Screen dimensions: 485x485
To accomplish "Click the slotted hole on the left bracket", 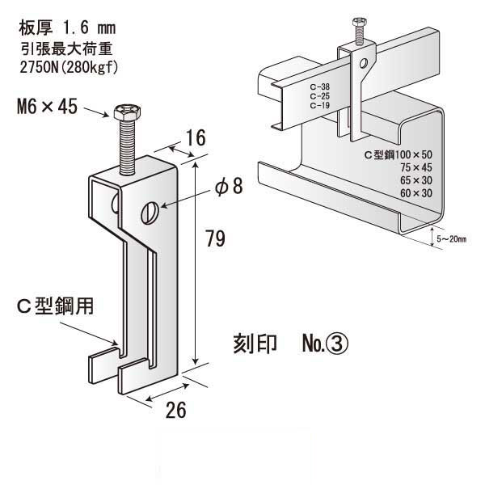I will (x=149, y=213).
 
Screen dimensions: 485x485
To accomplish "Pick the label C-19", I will (x=318, y=104).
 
